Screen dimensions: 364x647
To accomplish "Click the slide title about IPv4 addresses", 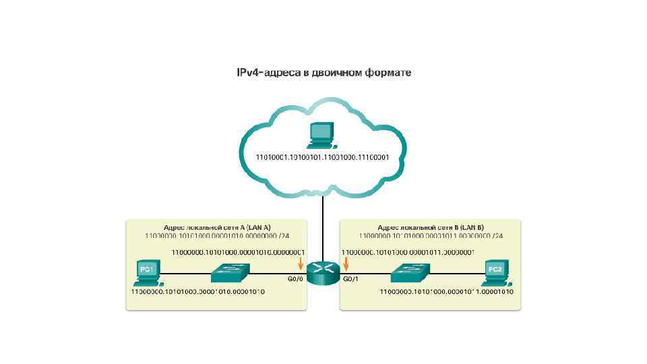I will (x=323, y=71).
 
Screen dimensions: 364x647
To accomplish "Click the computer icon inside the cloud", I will (x=321, y=135).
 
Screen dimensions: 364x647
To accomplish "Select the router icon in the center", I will (x=323, y=272).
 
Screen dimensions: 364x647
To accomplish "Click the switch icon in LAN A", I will (x=230, y=272).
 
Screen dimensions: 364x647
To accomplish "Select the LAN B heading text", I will (x=431, y=227).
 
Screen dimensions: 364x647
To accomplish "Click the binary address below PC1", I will (x=197, y=292).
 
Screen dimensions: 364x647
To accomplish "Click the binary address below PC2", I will (x=447, y=292).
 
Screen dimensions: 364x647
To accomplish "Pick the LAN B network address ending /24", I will (x=431, y=236).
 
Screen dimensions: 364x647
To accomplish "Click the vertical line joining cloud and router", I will (x=323, y=229).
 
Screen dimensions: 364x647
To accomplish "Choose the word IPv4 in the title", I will (x=248, y=71).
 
